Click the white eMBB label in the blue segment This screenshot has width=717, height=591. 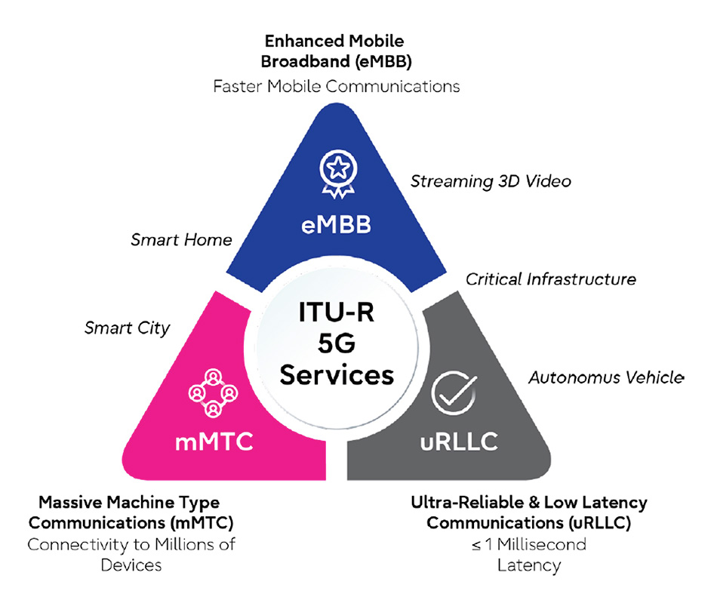pyautogui.click(x=333, y=224)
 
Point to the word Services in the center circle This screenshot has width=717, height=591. pyautogui.click(x=334, y=374)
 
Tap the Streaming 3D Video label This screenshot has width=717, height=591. pyautogui.click(x=491, y=181)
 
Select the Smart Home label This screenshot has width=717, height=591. pyautogui.click(x=181, y=240)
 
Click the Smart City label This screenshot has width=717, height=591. pyautogui.click(x=128, y=328)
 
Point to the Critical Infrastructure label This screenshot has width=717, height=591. pyautogui.click(x=550, y=279)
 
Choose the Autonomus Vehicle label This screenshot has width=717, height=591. pyautogui.click(x=606, y=377)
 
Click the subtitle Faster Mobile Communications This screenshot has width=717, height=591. pyautogui.click(x=336, y=86)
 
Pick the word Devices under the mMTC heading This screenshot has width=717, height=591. pyautogui.click(x=133, y=564)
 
